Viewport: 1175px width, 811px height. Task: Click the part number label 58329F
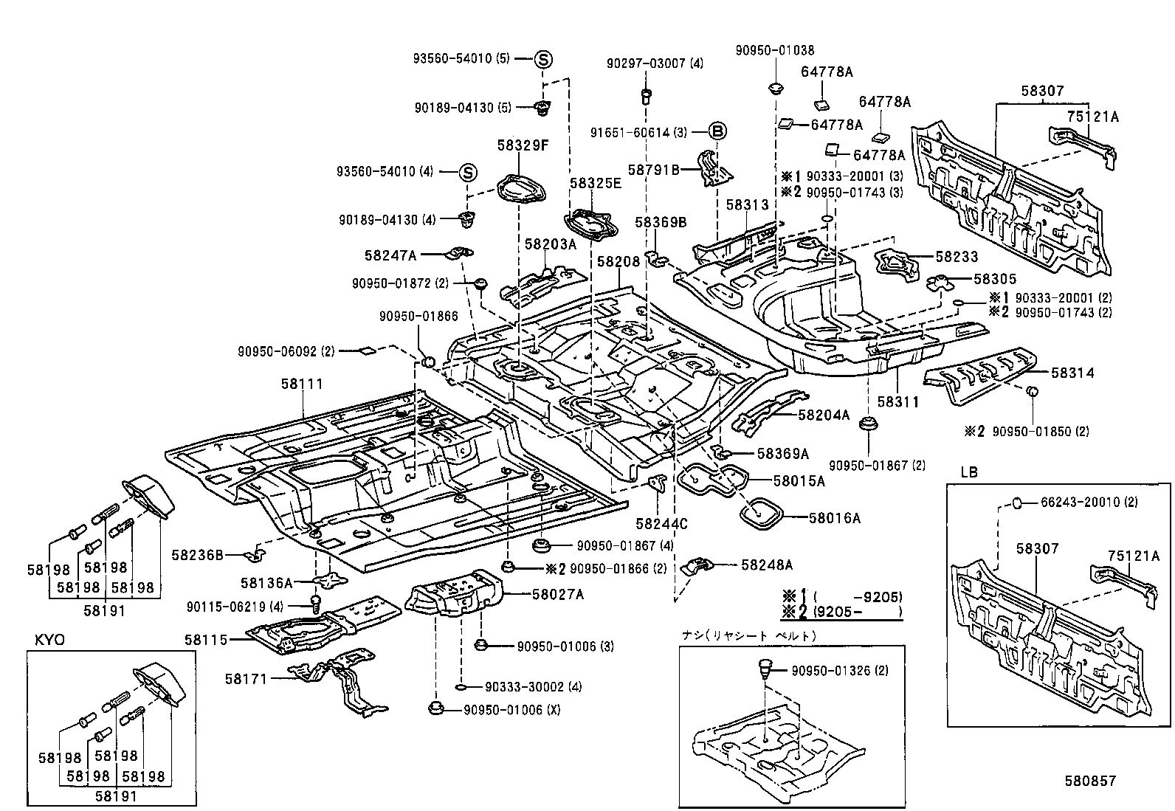click(x=523, y=145)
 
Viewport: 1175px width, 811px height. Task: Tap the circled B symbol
click(x=717, y=132)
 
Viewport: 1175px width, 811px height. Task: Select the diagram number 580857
click(x=1089, y=781)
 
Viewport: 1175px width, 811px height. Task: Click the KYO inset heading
click(x=50, y=640)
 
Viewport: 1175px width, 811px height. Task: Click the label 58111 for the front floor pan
click(x=302, y=384)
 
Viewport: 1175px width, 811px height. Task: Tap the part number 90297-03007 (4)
click(x=644, y=63)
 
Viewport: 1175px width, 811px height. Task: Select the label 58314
click(x=1072, y=373)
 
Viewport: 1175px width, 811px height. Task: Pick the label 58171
click(x=247, y=677)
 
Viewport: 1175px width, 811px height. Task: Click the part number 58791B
click(x=653, y=169)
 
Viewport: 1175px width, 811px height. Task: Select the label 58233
click(x=957, y=257)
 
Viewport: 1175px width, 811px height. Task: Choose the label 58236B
click(x=197, y=553)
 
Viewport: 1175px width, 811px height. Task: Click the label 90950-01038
click(x=775, y=50)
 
